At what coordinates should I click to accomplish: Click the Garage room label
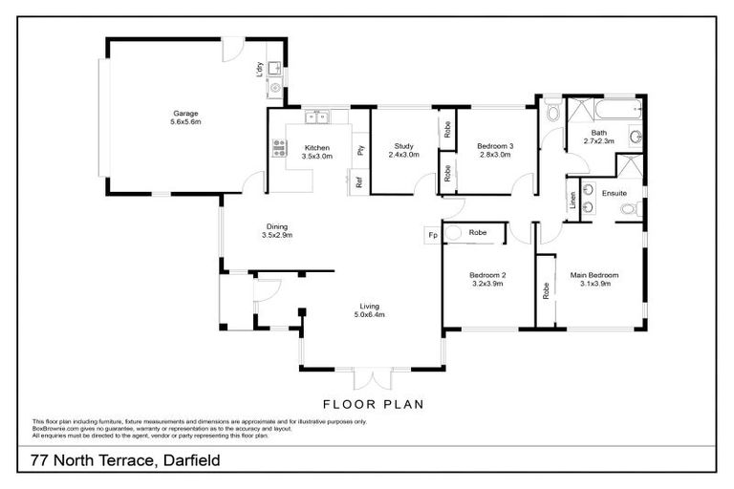(x=184, y=114)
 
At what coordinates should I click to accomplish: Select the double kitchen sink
(x=316, y=117)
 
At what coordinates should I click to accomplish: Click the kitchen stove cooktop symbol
(x=279, y=147)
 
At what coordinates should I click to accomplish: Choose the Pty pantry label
(x=360, y=150)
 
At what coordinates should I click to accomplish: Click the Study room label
(x=402, y=146)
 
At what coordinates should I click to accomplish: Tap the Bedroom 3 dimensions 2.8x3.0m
(x=495, y=155)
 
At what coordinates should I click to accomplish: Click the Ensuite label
(x=614, y=192)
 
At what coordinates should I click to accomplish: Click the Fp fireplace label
(x=432, y=234)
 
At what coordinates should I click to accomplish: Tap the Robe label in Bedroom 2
(x=478, y=232)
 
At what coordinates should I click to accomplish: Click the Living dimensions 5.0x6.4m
(x=370, y=314)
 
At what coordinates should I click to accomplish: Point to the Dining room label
(x=277, y=226)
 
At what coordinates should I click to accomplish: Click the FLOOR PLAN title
(x=373, y=404)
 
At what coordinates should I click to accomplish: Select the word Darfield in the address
(x=176, y=460)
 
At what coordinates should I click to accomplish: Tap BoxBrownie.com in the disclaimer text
(x=55, y=429)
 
